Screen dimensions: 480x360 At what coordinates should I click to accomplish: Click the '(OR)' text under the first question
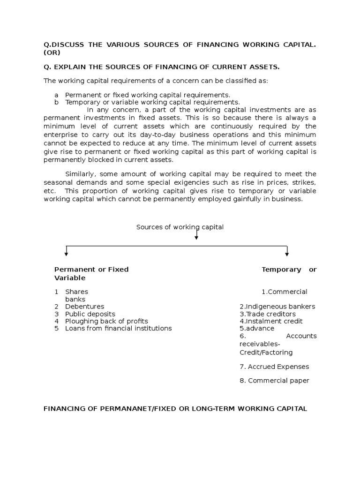coord(52,52)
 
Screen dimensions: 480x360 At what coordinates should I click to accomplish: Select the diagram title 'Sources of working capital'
coord(180,227)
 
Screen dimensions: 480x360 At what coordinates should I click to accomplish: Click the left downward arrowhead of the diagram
coord(67,254)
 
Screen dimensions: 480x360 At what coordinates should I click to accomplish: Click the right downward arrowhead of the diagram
coord(287,254)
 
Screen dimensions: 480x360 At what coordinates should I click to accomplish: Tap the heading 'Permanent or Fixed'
coord(91,270)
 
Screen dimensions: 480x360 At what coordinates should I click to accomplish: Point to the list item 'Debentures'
coord(84,307)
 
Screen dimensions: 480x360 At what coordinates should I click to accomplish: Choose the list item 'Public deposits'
coord(90,314)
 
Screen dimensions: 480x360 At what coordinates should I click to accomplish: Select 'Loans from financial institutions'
coord(118,329)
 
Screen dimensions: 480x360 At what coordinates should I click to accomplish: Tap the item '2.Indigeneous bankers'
coord(277,307)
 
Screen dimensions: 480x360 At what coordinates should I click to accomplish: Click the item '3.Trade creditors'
coord(267,314)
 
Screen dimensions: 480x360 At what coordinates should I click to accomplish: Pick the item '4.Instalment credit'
coord(271,321)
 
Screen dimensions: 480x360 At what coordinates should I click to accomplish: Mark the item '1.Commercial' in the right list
coord(285,292)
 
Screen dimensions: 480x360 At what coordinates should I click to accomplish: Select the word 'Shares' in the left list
coord(76,292)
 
